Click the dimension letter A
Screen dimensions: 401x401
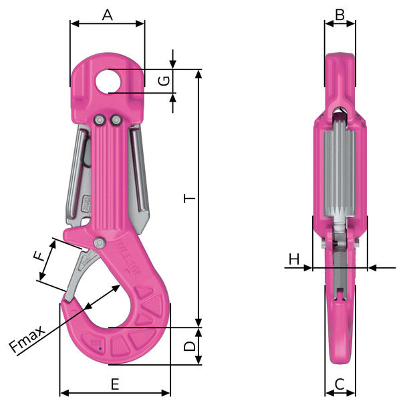107,14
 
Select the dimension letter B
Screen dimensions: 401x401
340,14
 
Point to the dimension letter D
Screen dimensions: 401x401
189,346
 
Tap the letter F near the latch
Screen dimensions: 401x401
40,255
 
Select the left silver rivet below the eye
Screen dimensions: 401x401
100,120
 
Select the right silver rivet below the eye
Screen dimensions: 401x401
115,120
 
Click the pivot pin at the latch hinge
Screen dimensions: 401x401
99,242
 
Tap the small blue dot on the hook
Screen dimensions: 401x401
99,346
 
